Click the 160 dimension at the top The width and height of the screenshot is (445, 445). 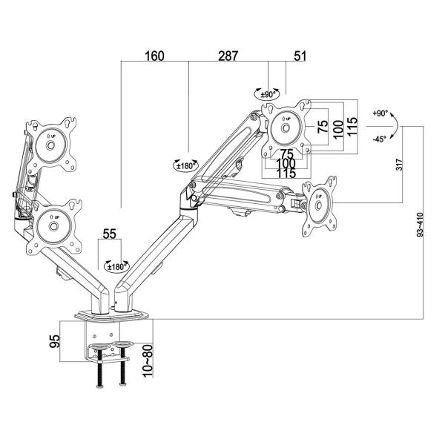click(154, 56)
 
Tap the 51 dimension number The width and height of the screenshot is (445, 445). click(299, 56)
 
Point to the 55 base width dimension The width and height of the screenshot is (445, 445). click(110, 234)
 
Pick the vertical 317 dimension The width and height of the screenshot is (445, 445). click(400, 164)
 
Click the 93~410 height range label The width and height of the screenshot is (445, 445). click(421, 222)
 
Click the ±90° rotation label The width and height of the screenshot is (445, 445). click(269, 95)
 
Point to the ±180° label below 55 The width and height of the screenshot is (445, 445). click(116, 266)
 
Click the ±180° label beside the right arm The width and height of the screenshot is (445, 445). click(184, 166)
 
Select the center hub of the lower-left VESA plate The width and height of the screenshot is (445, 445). click(53, 227)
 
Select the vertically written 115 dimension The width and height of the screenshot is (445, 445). click(353, 126)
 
